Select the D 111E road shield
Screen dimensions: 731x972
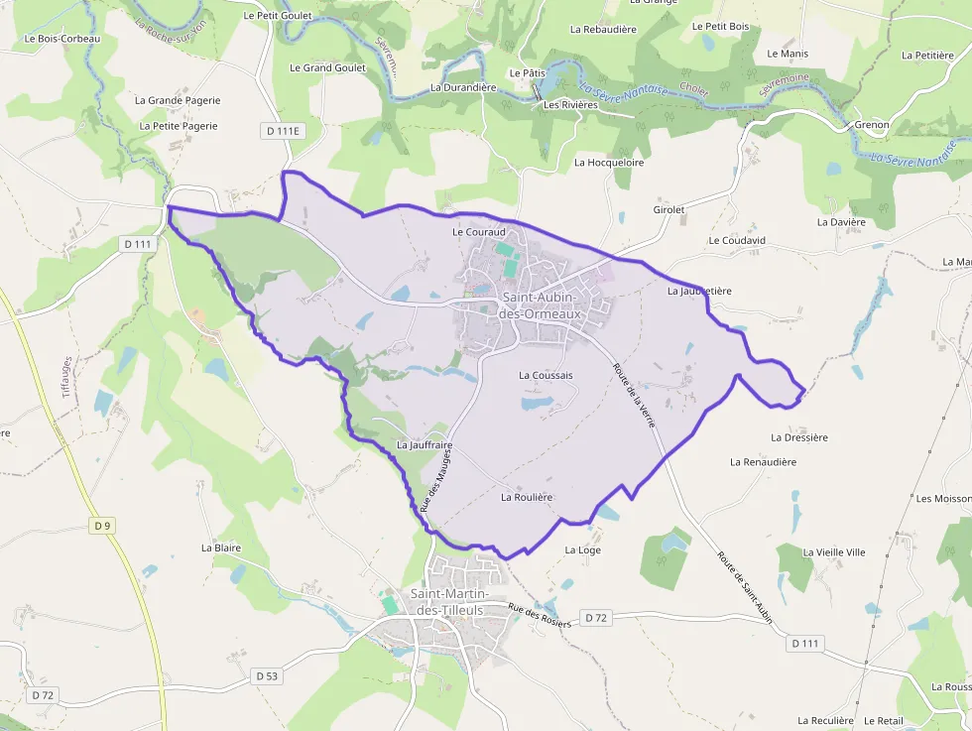pos(282,131)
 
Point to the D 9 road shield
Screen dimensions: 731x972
pos(102,526)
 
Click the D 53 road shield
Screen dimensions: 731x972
pos(267,675)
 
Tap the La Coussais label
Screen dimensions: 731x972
pos(546,376)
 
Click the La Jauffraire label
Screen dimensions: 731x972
pos(425,445)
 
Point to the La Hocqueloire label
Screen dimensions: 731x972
pos(609,162)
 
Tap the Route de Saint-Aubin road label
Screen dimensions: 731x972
pos(744,588)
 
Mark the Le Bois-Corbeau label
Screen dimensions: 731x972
pos(62,39)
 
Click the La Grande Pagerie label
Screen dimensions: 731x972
pos(178,100)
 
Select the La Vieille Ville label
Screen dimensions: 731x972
pos(834,551)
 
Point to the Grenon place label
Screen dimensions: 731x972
pos(872,125)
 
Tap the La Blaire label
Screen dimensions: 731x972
pos(221,548)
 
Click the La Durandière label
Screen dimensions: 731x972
pos(463,87)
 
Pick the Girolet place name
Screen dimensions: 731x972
pos(669,210)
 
